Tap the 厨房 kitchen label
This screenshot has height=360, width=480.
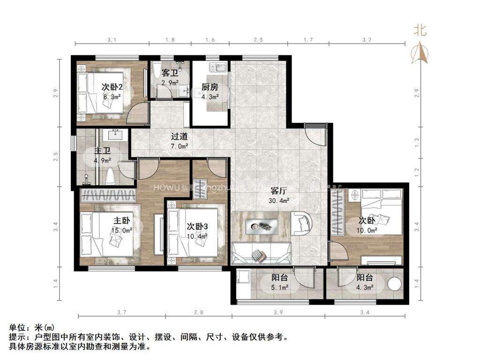point(210,87)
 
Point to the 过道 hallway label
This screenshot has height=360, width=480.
point(179,137)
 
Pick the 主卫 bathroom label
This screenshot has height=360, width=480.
point(102,151)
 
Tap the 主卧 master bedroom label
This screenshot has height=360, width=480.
point(121,220)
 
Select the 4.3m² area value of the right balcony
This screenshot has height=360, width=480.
point(365,287)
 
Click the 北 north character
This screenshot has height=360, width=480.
point(420,30)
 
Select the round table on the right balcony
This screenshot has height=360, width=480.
point(395,285)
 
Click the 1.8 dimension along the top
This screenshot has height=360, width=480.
point(171,40)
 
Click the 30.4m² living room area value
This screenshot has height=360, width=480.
point(279,201)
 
